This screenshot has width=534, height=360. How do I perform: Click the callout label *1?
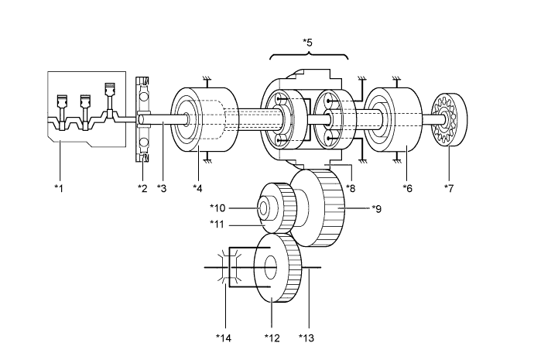click(59, 188)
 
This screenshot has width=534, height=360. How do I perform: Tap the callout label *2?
click(142, 188)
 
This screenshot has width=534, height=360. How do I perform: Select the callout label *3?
click(162, 188)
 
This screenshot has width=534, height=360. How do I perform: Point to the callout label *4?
click(197, 188)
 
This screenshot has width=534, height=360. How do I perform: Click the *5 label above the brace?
click(307, 43)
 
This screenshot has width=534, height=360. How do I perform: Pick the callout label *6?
click(408, 188)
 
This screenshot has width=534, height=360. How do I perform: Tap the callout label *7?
click(449, 188)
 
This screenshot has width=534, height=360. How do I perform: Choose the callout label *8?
click(351, 188)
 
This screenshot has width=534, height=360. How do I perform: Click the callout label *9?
click(376, 209)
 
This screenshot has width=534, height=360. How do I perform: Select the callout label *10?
click(217, 207)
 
